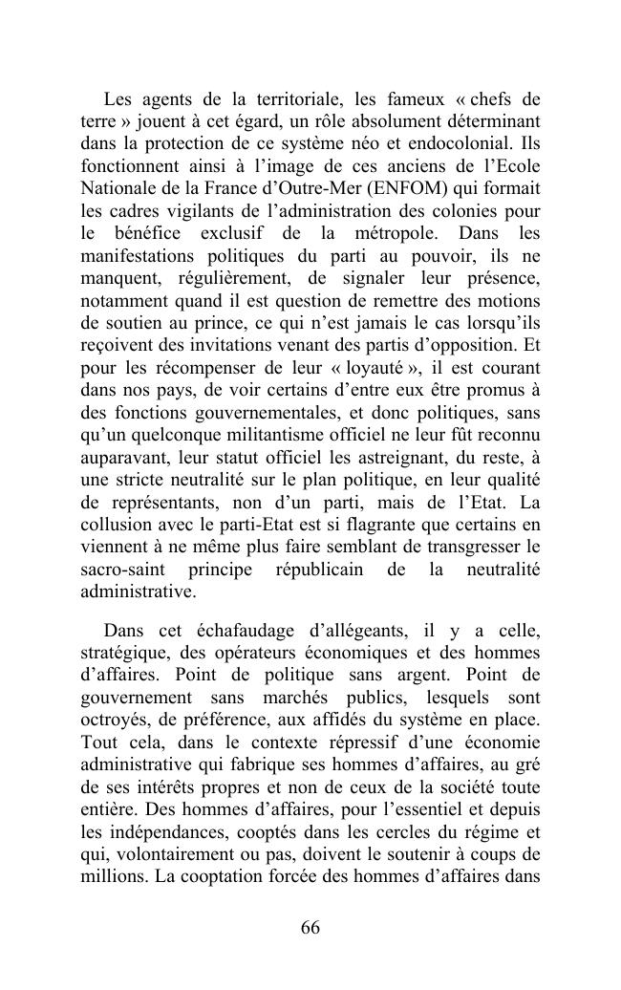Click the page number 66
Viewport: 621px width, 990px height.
pos(310,929)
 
